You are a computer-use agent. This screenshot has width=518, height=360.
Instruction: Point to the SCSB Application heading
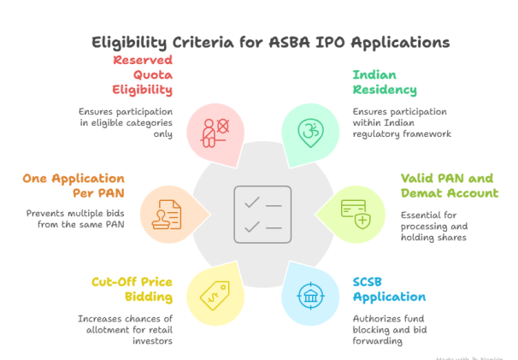coord(389,289)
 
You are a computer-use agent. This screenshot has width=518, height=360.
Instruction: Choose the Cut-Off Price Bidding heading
coord(129,288)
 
